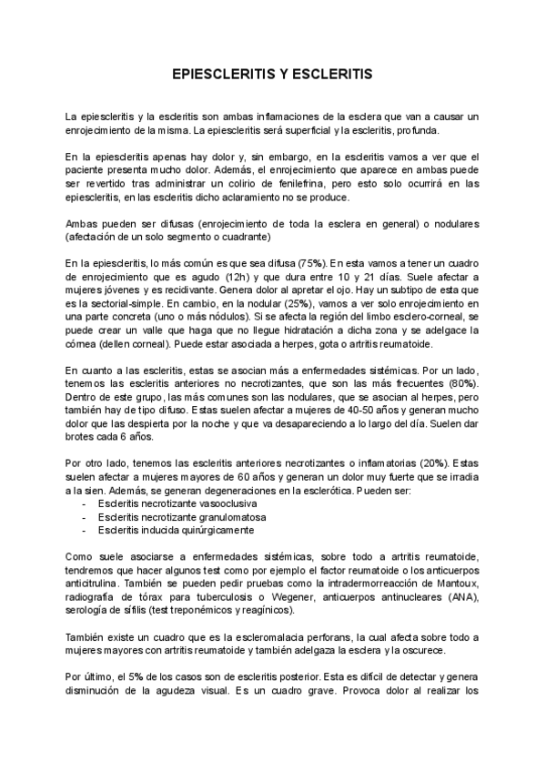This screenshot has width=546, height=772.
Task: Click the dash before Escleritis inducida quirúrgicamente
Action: tap(85, 530)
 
